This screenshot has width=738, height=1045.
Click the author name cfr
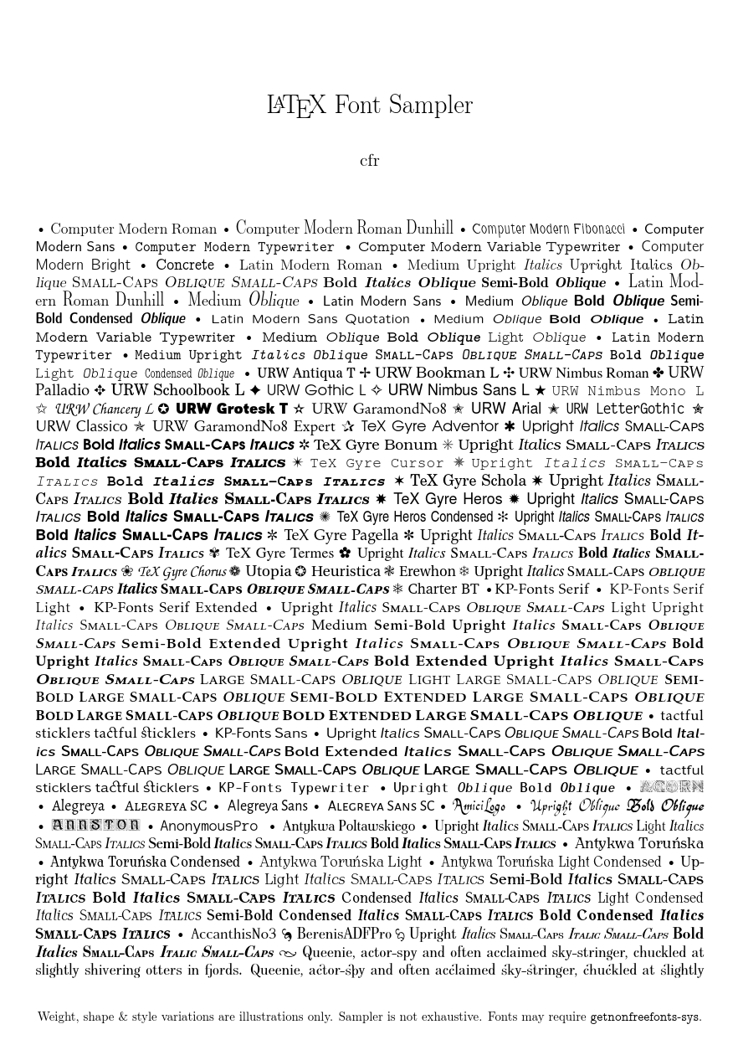point(369,161)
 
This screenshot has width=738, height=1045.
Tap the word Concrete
point(185,265)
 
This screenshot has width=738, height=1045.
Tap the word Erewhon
point(428,571)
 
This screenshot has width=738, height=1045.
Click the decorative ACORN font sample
point(671,786)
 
